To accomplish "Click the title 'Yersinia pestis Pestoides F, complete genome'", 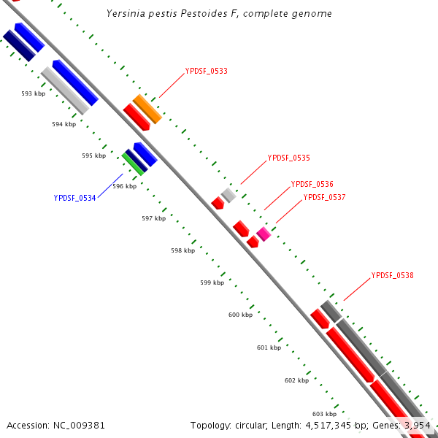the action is pos(219,14).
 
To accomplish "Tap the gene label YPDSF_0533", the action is pos(207,72).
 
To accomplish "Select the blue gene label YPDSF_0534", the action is pos(75,198).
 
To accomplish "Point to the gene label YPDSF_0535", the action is pos(289,158).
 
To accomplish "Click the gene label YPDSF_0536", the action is pos(312,184).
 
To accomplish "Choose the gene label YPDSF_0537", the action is pos(325,197).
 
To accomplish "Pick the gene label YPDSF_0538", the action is pos(393,276).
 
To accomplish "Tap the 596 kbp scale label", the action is pos(125,186).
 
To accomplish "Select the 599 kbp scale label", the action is pos(212,283).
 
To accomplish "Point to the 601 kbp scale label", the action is pos(269,348).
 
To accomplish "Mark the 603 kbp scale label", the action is pos(324,414).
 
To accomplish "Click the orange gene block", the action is pos(147,109).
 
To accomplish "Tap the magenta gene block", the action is pos(264,234).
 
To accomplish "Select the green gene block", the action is pos(133,163).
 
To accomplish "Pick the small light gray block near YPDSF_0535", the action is pos(228,195).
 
